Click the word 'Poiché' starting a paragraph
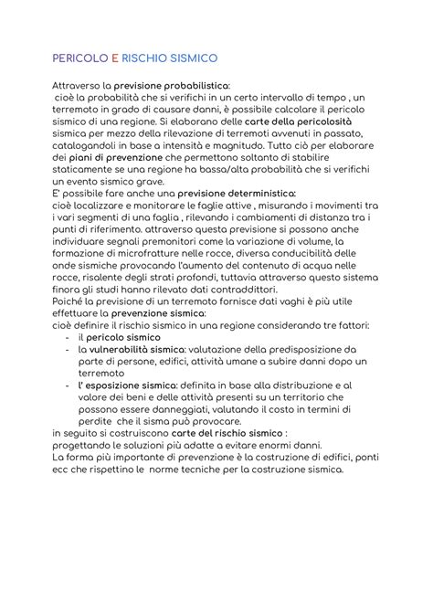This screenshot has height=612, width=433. click(x=69, y=312)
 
